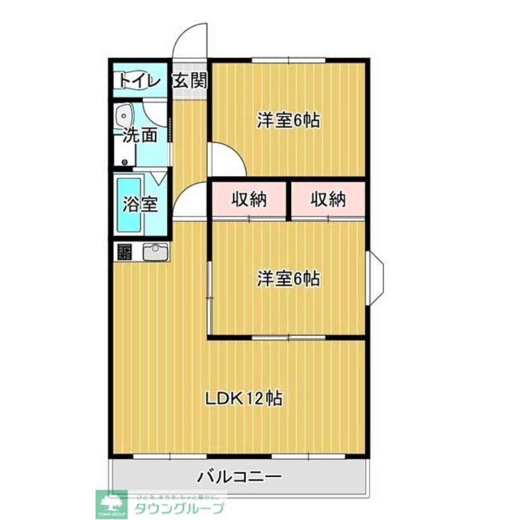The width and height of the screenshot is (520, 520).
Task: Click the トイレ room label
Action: click(x=138, y=81)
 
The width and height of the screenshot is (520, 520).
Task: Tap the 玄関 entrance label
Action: click(x=189, y=81)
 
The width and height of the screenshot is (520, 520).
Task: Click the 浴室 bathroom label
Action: click(x=140, y=204)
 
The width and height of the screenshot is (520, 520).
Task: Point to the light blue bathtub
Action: click(x=129, y=205)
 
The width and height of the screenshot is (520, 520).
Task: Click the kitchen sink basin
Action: click(x=155, y=253)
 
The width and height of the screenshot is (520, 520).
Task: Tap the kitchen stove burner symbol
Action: click(x=125, y=252)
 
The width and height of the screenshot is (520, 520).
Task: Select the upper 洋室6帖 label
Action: click(x=288, y=121)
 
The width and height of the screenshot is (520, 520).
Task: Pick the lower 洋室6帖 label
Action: click(x=288, y=279)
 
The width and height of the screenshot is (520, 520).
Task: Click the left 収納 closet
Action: click(x=249, y=200)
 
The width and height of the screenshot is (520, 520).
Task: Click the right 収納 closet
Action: click(x=328, y=200)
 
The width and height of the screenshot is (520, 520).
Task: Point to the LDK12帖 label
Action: click(x=243, y=399)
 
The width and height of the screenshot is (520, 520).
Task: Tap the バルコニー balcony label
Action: click(x=239, y=476)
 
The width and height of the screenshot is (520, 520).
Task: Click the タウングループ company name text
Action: click(x=179, y=508)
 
